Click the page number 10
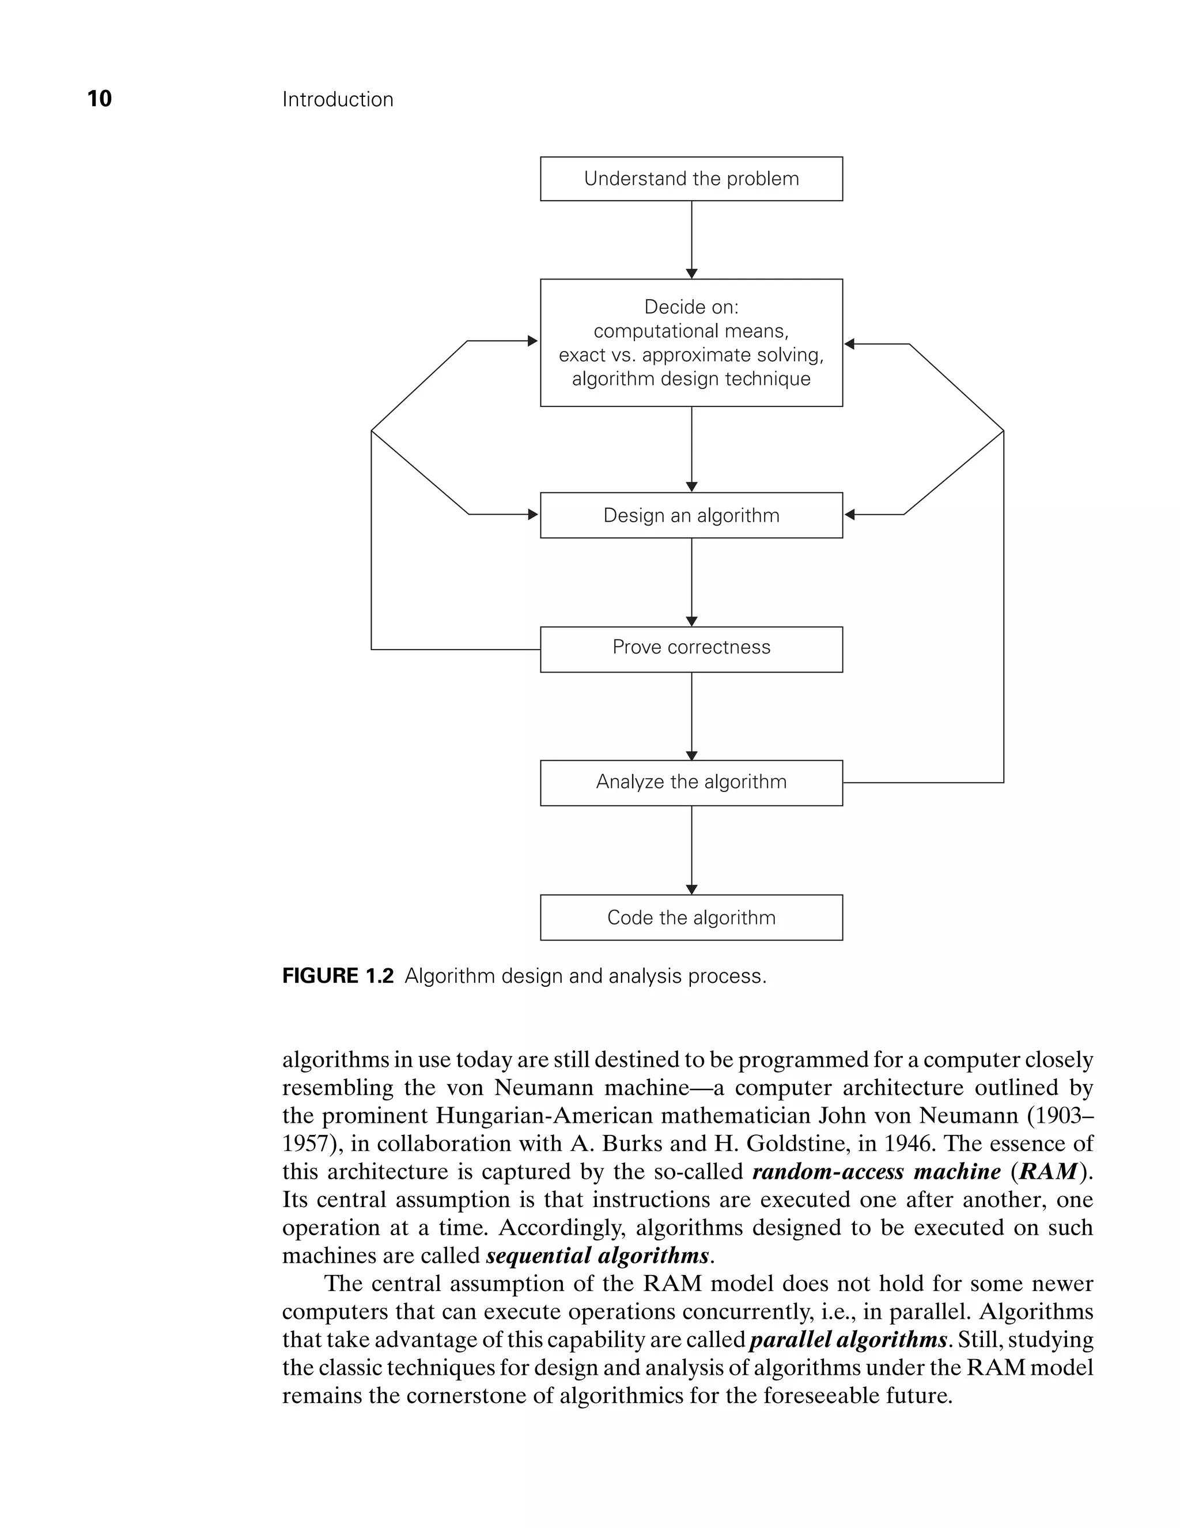click(99, 99)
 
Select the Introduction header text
click(337, 99)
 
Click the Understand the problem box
click(691, 179)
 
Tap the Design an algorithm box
click(691, 516)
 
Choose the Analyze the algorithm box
click(691, 782)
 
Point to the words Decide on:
click(691, 307)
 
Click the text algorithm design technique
click(691, 379)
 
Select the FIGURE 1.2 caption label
click(338, 976)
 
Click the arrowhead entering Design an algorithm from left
click(533, 515)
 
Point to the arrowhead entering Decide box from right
click(850, 344)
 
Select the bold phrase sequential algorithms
click(597, 1255)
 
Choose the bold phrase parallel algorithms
click(848, 1339)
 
